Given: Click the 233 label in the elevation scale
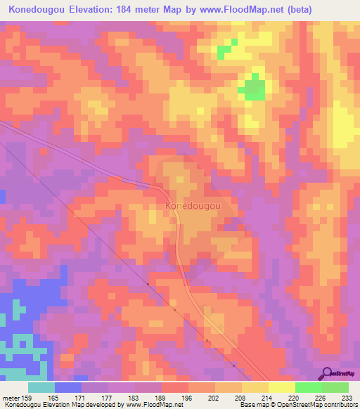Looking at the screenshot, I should coord(349,397).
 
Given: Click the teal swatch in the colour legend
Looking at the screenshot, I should coord(41,387).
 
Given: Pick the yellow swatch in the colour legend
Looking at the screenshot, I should coord(282,387).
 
